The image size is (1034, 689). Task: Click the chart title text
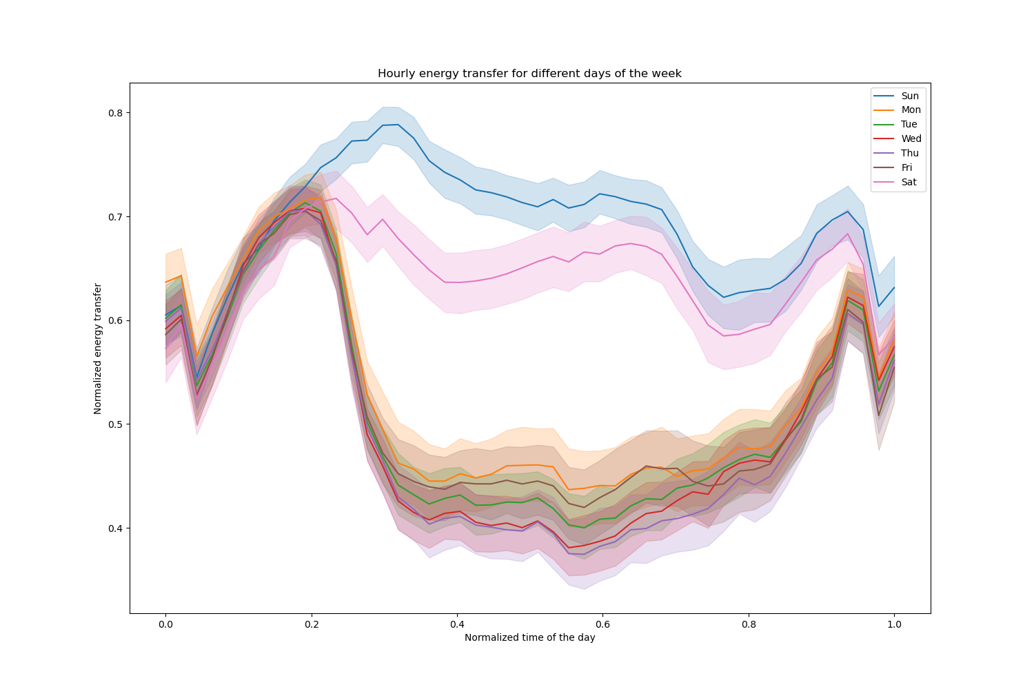click(x=529, y=74)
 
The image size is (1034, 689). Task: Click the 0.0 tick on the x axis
click(x=165, y=625)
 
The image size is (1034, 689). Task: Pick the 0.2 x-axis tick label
click(x=312, y=625)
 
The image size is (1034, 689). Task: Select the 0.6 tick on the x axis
click(x=603, y=625)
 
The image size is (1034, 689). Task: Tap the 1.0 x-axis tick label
click(x=895, y=625)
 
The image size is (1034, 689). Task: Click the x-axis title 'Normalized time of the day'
click(x=529, y=638)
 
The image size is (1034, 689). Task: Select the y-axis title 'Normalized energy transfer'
click(x=98, y=349)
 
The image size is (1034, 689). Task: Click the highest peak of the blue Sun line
click(x=398, y=125)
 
